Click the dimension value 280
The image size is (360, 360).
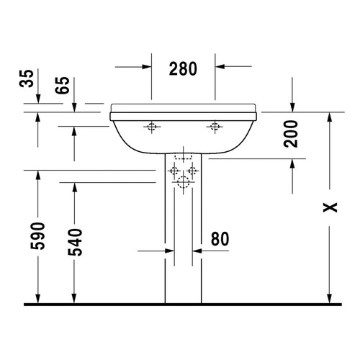point(184,68)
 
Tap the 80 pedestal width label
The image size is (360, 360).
point(221,238)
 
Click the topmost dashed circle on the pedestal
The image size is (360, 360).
point(183,158)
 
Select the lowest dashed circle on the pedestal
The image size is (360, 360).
point(183,182)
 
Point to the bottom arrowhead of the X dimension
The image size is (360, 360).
point(329,299)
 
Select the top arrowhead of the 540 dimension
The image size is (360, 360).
point(75,186)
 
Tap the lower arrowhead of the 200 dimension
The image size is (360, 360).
point(293,165)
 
